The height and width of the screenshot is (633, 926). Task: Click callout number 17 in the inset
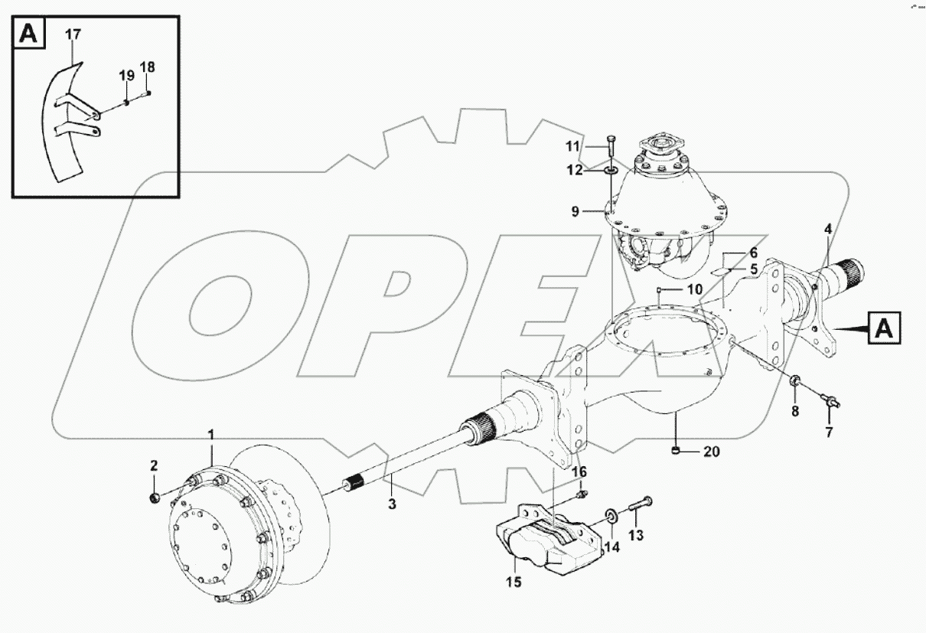point(73,34)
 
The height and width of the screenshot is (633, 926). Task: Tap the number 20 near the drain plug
point(711,452)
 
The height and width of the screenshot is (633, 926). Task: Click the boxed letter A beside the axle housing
point(884,328)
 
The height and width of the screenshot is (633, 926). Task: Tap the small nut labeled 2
point(153,498)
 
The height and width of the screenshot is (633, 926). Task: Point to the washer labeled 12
point(611,170)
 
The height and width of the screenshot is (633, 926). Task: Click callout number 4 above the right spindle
point(827,229)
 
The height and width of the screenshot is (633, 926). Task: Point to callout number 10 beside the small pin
point(693,289)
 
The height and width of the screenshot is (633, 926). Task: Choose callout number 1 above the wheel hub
point(211,435)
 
